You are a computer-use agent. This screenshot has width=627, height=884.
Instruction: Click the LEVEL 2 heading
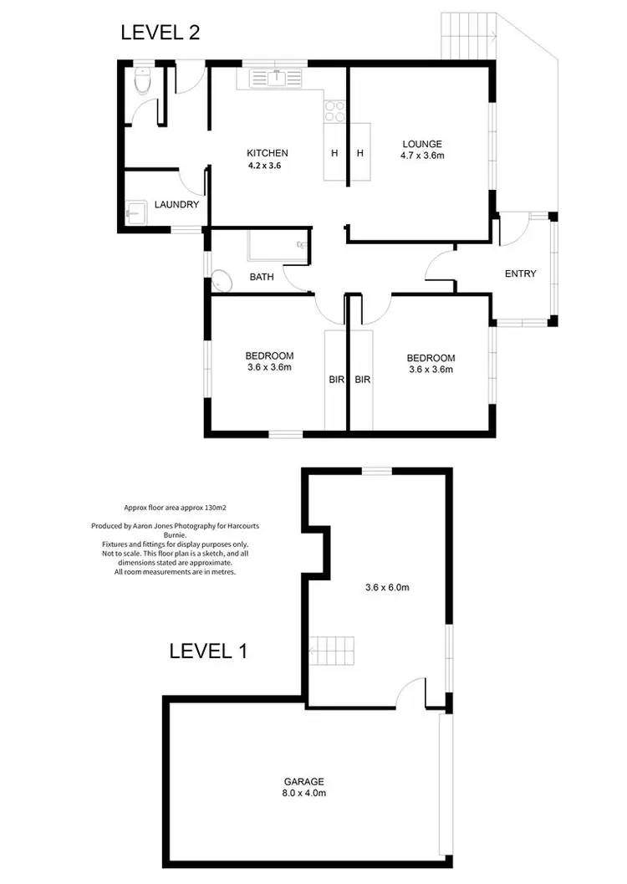(x=160, y=33)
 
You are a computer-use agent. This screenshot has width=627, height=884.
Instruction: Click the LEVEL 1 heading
(x=208, y=652)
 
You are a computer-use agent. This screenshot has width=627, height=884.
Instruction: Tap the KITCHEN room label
(x=268, y=153)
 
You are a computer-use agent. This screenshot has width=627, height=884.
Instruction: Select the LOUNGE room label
(x=421, y=144)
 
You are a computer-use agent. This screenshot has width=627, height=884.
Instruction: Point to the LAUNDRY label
(x=176, y=205)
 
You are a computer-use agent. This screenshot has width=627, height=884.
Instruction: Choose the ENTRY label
(x=520, y=274)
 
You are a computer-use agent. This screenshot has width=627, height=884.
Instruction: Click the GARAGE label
(x=303, y=781)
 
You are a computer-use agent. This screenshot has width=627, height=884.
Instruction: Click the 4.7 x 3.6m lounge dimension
(x=421, y=156)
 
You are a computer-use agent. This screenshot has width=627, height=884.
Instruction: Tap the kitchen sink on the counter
(x=274, y=79)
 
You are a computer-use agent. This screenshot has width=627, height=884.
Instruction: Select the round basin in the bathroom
(x=221, y=281)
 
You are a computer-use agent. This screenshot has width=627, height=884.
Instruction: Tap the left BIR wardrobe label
(x=336, y=379)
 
